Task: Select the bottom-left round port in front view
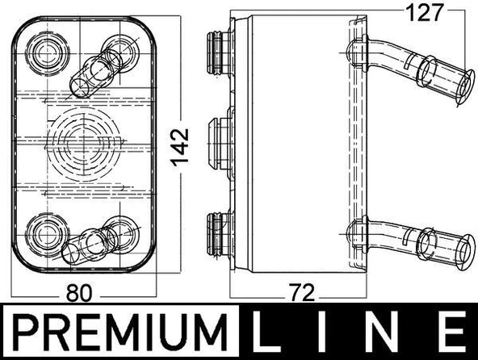(x=45, y=230)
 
